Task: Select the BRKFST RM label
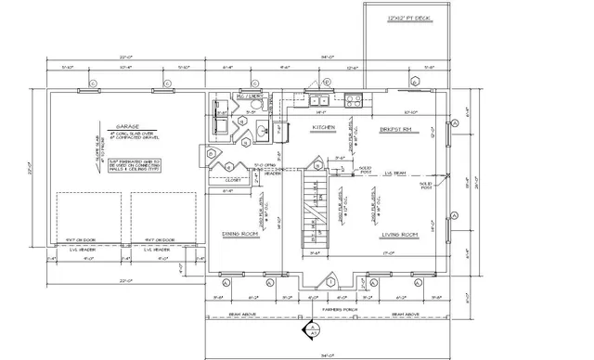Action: coord(395,129)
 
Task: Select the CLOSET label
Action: coord(232,180)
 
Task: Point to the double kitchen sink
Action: coord(317,102)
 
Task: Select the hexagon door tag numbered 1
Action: coord(331,280)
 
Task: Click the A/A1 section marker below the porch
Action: coord(313,330)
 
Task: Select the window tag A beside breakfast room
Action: coord(456,123)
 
